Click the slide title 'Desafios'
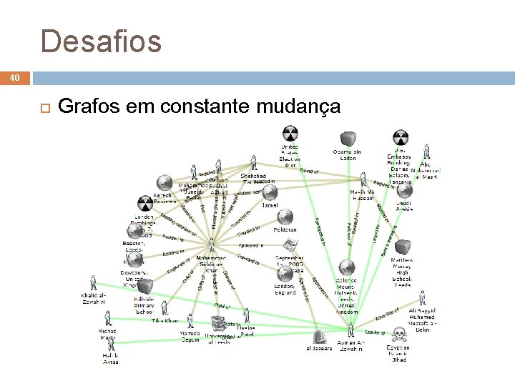tap(102, 41)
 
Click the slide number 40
tap(16, 77)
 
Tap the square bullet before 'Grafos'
tap(42, 108)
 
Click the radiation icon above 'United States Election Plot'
tap(290, 134)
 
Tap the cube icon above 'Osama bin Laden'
tap(348, 137)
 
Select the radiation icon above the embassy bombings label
tap(401, 137)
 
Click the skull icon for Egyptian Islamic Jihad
tap(398, 335)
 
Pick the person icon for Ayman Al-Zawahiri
tap(351, 330)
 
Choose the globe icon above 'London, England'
tap(285, 274)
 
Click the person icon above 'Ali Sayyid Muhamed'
tap(421, 298)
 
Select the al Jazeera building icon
tap(320, 335)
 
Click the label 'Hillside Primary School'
tap(144, 305)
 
